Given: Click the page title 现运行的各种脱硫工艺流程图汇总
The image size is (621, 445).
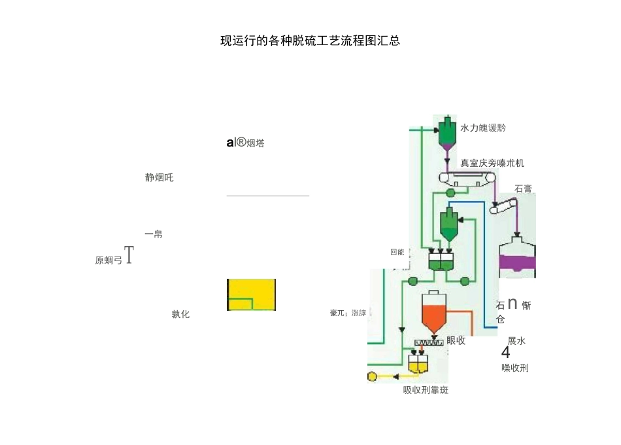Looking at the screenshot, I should pos(310,41).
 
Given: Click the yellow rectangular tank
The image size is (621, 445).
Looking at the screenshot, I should pos(251,294).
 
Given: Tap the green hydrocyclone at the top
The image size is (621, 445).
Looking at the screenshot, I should pos(446,132).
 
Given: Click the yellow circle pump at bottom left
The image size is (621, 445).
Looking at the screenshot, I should pos(373,377).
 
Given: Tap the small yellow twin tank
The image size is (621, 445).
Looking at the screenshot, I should pos(418,363).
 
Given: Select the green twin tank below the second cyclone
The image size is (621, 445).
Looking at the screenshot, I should pos(441,260).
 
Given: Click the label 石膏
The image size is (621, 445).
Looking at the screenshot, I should pos(523,188).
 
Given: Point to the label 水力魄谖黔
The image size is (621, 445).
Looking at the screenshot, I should pos(483,128).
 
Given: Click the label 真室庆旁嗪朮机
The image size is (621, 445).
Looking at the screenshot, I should pos(492,162).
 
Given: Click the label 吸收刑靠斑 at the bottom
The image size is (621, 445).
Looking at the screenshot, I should pos(426,391).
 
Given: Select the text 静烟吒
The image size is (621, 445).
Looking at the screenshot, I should pos(159,177).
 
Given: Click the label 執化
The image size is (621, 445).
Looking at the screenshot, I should pos(180,314).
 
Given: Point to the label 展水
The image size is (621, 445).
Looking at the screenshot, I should pos(516,340).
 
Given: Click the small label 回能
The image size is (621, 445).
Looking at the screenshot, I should pos(397,251).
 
